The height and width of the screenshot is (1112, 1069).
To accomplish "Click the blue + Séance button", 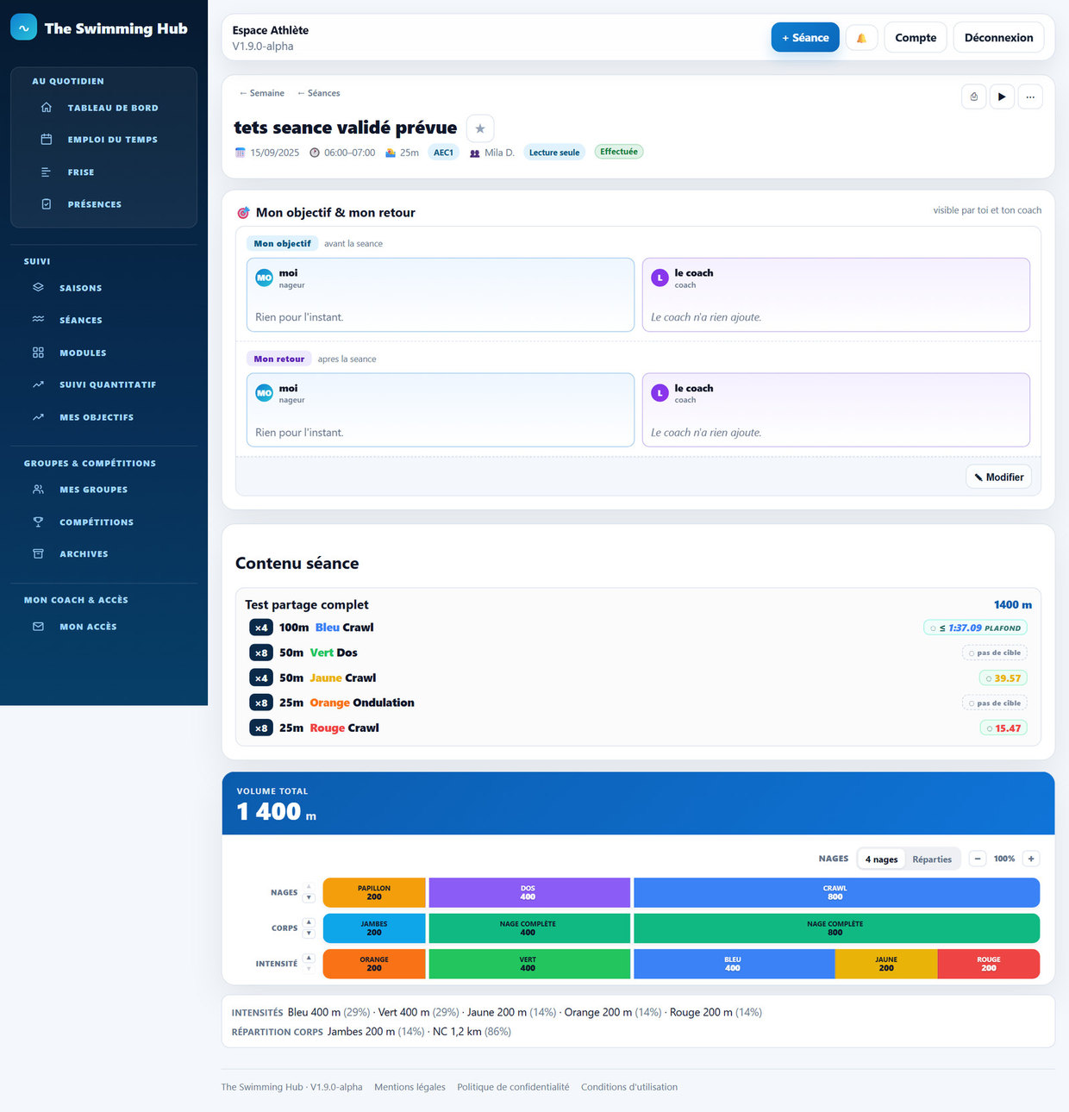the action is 804,38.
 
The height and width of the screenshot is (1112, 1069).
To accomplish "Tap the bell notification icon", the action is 861,38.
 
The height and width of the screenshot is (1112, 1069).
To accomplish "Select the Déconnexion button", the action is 998,38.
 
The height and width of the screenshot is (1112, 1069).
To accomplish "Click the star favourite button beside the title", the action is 480,128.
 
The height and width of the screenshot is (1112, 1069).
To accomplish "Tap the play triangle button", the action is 1002,97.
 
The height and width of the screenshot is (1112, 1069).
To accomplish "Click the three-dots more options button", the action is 1030,97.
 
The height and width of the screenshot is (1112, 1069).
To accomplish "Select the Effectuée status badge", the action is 619,152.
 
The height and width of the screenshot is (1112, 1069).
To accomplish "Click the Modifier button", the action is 998,477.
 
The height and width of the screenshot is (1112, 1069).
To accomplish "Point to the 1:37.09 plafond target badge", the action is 975,628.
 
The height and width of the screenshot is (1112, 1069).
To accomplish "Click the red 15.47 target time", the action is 1003,728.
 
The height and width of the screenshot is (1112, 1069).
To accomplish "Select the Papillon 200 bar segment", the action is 374,892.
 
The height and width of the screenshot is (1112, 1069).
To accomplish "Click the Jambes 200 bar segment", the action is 374,928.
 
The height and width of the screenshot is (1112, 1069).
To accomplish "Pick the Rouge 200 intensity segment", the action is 989,964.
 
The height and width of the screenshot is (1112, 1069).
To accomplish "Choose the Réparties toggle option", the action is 932,859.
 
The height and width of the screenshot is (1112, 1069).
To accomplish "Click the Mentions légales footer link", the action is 409,1087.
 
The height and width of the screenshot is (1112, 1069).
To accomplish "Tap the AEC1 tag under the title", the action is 443,153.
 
